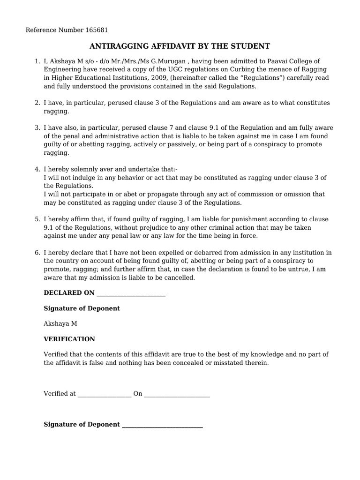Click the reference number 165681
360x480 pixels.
pyautogui.click(x=97, y=30)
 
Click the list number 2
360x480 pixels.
pyautogui.click(x=37, y=103)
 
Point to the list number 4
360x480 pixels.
pyautogui.click(x=37, y=169)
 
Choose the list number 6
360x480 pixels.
pyautogui.click(x=37, y=253)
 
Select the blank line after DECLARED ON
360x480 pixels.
pyautogui.click(x=130, y=293)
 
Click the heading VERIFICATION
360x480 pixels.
pyautogui.click(x=69, y=339)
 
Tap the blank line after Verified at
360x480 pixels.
pyautogui.click(x=104, y=394)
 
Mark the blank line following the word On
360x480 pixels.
pyautogui.click(x=177, y=394)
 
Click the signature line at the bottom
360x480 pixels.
pyautogui.click(x=162, y=425)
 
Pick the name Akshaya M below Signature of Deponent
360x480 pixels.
pyautogui.click(x=60, y=323)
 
